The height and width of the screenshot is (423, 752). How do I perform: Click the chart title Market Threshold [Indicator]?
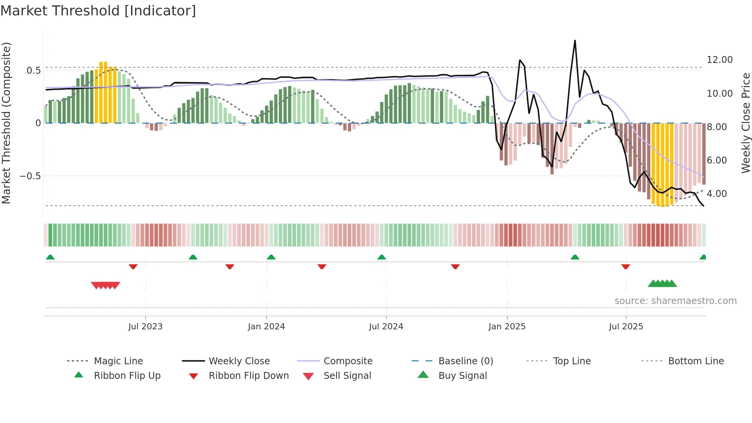[98, 11]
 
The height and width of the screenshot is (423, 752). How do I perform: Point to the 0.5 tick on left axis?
[33, 71]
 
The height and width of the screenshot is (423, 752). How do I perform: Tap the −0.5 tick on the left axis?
[30, 176]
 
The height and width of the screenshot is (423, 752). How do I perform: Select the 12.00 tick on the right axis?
[719, 60]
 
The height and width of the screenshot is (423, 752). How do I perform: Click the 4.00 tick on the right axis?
[716, 194]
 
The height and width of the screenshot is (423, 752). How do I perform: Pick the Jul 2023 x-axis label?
[145, 327]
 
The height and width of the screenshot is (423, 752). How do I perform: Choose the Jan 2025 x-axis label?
[507, 327]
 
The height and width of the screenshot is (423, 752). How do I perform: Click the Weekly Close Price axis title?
[745, 123]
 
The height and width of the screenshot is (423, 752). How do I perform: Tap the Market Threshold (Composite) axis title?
[7, 123]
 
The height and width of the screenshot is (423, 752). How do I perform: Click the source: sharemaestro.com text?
[675, 301]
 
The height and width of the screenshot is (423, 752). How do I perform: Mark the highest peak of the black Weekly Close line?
[575, 41]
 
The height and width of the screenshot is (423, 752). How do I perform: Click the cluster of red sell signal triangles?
[106, 285]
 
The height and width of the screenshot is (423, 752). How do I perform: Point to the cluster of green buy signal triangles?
[662, 284]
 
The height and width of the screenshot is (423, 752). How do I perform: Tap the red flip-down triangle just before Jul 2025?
[625, 266]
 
